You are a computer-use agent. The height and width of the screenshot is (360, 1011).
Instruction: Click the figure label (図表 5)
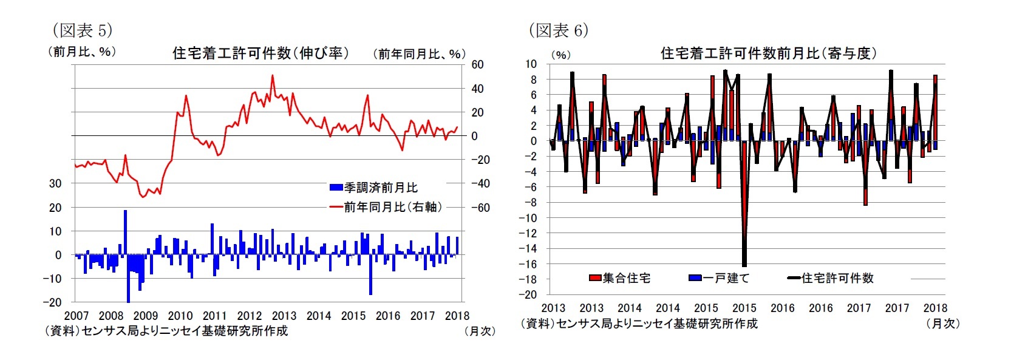(x=83, y=30)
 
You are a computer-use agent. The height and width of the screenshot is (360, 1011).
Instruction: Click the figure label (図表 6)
(x=558, y=30)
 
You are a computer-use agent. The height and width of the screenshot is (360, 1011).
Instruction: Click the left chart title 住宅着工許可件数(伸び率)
(x=260, y=53)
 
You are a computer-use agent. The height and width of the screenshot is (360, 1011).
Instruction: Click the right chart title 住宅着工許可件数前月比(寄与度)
(x=768, y=53)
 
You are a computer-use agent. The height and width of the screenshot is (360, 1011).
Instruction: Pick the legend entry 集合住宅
(x=620, y=278)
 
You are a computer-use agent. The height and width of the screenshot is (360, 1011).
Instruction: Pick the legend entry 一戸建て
(x=720, y=278)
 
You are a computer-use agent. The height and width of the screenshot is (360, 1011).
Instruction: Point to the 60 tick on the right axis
(x=477, y=64)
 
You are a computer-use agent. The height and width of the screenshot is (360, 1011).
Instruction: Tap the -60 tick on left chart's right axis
(x=480, y=208)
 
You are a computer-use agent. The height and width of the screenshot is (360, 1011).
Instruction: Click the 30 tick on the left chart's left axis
(x=55, y=183)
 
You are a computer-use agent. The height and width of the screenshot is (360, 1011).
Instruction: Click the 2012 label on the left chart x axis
(x=249, y=316)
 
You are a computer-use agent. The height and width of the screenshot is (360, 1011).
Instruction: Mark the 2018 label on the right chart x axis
(x=935, y=308)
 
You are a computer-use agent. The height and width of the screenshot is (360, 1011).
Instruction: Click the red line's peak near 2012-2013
(x=272, y=76)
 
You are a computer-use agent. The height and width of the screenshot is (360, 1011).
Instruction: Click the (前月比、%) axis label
(x=81, y=52)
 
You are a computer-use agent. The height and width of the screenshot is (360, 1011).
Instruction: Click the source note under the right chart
(x=639, y=324)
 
